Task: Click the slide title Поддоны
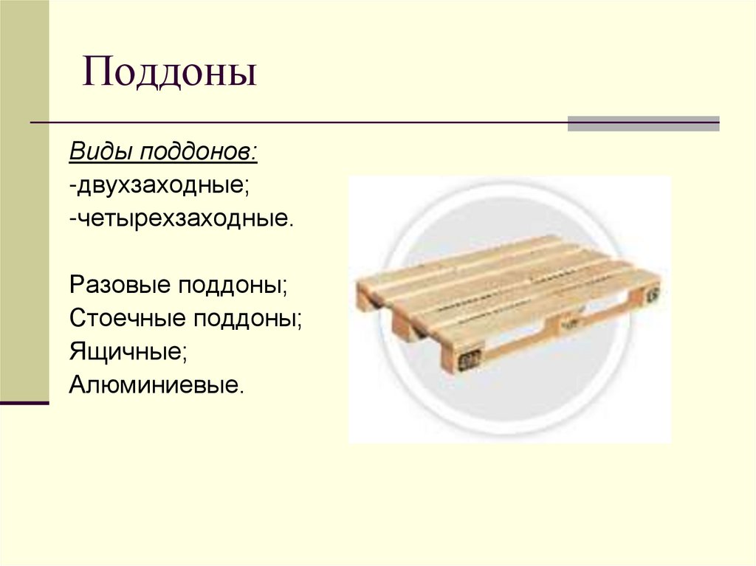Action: click(x=169, y=75)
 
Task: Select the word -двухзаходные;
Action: click(x=159, y=185)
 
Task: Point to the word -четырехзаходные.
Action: click(x=182, y=218)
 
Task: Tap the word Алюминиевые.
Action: click(x=157, y=384)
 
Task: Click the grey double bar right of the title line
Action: click(x=643, y=123)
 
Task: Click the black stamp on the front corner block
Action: click(x=467, y=361)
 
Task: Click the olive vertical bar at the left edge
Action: click(x=24, y=199)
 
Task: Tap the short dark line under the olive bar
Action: click(x=24, y=403)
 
